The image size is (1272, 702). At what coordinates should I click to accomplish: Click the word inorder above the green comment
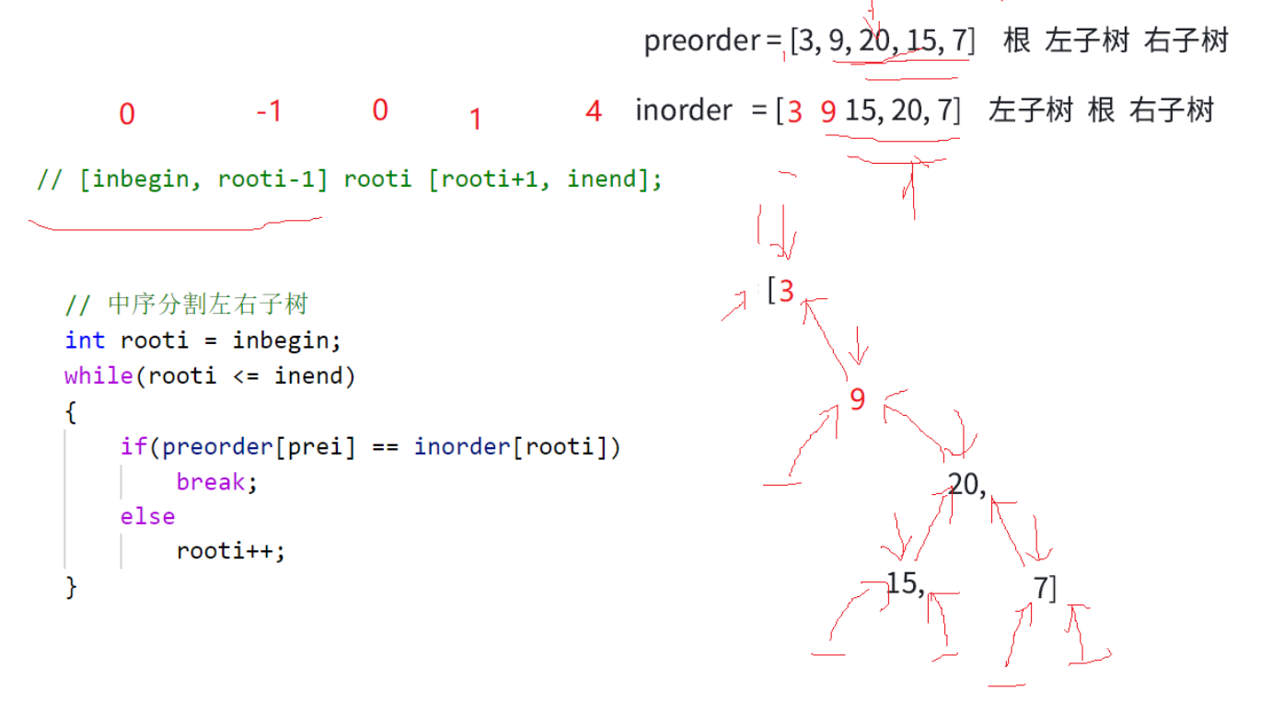(x=683, y=110)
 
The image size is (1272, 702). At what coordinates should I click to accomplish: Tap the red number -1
(x=268, y=111)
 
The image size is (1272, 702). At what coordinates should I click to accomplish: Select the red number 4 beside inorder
(x=594, y=111)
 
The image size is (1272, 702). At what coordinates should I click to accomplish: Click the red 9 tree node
(x=858, y=400)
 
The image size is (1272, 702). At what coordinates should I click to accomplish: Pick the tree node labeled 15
(x=905, y=583)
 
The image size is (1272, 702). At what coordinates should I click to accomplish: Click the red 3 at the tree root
(x=785, y=292)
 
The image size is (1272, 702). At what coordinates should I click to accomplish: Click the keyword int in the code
(x=85, y=340)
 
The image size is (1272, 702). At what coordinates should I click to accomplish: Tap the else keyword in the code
(x=147, y=516)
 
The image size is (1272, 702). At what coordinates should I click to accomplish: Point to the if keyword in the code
(x=133, y=447)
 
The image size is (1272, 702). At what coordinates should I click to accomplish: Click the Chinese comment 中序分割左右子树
(x=207, y=304)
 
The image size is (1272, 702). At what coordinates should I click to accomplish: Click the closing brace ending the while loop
(x=71, y=587)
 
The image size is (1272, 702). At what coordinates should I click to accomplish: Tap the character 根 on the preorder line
(x=1016, y=41)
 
